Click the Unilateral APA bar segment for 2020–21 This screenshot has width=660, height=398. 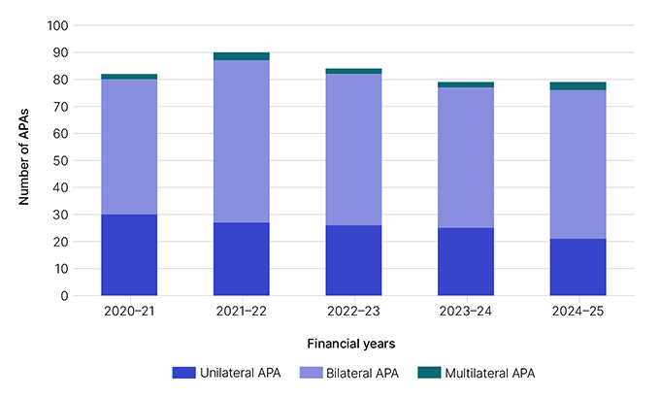(x=129, y=254)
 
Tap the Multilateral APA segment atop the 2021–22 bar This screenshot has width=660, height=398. (x=242, y=56)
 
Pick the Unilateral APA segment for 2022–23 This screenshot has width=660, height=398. (x=353, y=260)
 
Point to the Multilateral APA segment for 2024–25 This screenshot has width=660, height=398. (x=577, y=86)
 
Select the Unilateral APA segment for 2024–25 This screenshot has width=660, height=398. (x=577, y=267)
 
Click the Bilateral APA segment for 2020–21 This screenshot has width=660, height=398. (x=129, y=147)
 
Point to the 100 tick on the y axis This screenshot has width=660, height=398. (x=59, y=25)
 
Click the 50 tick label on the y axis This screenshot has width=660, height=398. (x=63, y=160)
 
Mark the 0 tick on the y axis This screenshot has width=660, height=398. (x=66, y=295)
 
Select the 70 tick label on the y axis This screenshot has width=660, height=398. (x=63, y=107)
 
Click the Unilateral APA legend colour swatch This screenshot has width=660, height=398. (x=183, y=373)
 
